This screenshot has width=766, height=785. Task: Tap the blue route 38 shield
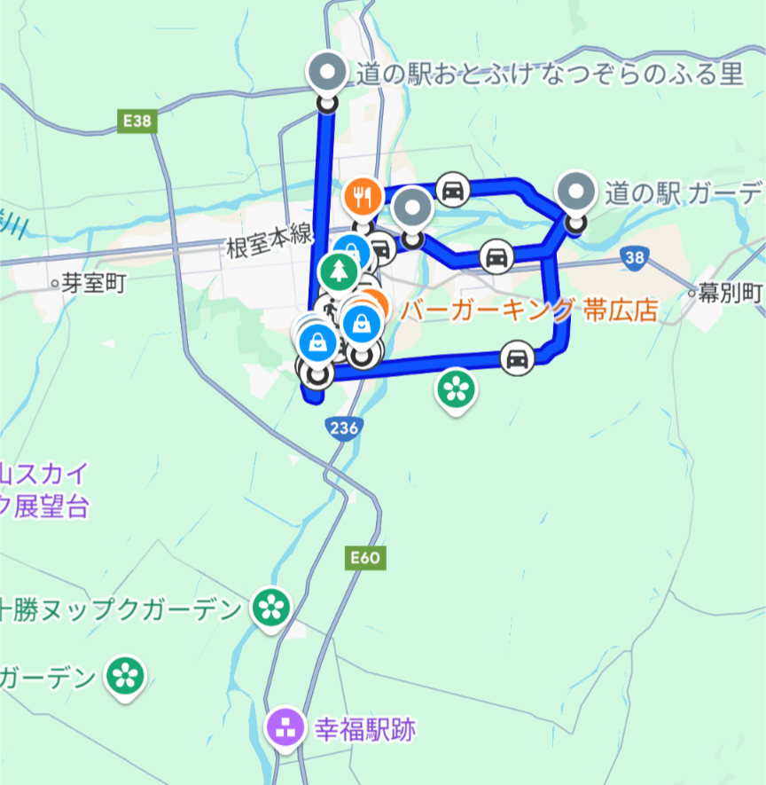635,258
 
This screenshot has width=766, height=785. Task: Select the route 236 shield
343,428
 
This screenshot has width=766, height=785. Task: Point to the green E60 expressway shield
363,558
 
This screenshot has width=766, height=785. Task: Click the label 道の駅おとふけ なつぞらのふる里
550,75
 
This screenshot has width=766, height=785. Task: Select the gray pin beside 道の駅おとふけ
328,73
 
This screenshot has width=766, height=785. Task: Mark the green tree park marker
338,271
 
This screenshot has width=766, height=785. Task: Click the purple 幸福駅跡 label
365,731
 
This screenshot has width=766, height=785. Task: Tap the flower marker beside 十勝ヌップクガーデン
271,608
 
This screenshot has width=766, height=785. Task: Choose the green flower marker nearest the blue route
456,388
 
